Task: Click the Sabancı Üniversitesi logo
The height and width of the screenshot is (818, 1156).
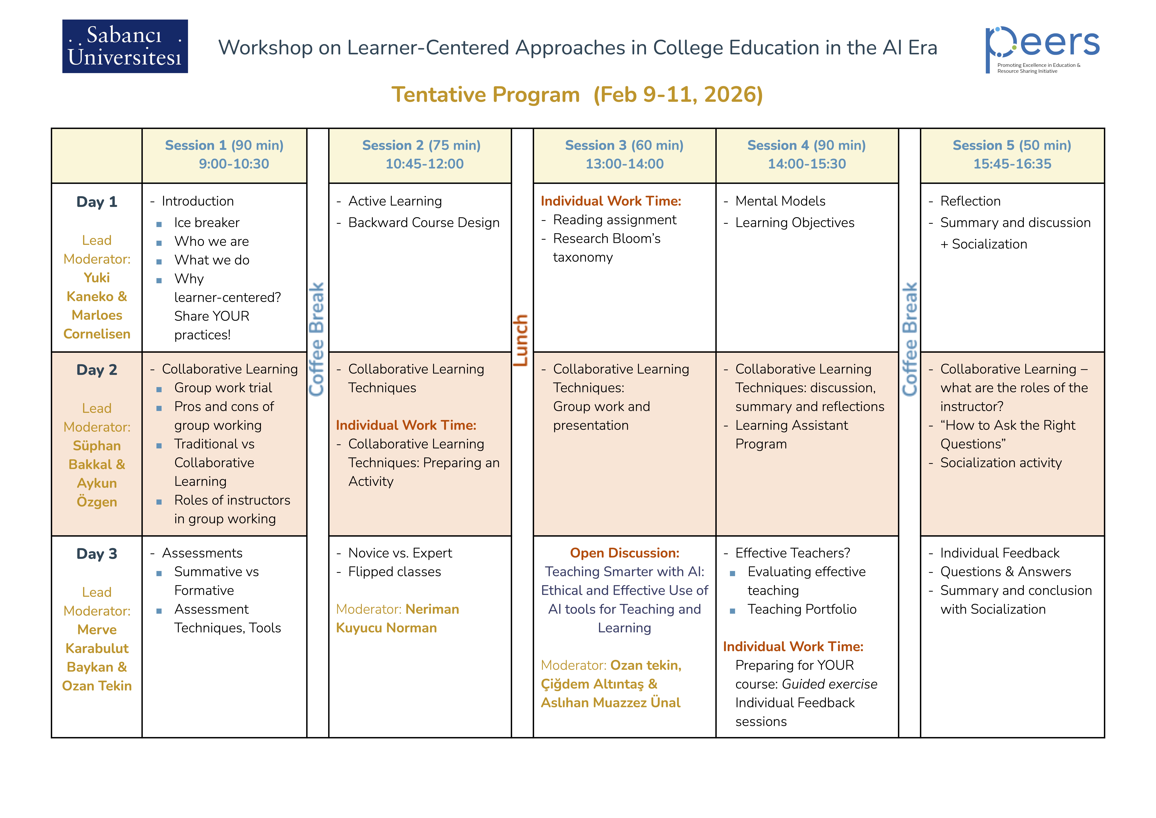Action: [125, 46]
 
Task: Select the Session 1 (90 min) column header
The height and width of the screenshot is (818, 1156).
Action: [224, 146]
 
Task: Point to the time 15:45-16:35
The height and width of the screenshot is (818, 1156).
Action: [1012, 164]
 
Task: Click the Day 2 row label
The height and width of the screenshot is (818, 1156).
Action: [97, 370]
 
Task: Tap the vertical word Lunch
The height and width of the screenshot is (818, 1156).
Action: [521, 340]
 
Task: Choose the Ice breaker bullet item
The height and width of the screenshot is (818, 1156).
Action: [207, 223]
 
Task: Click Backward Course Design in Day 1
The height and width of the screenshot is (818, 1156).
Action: [423, 223]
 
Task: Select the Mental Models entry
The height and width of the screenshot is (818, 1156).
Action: [780, 201]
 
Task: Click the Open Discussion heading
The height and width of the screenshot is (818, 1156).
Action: [624, 553]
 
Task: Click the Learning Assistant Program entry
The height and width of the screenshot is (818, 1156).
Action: [791, 435]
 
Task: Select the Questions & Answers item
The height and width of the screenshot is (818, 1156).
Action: [1005, 572]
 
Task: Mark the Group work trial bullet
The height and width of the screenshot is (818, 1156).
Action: [223, 388]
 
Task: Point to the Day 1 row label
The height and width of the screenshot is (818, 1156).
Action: [97, 202]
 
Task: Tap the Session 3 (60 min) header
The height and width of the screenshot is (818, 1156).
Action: [624, 146]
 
